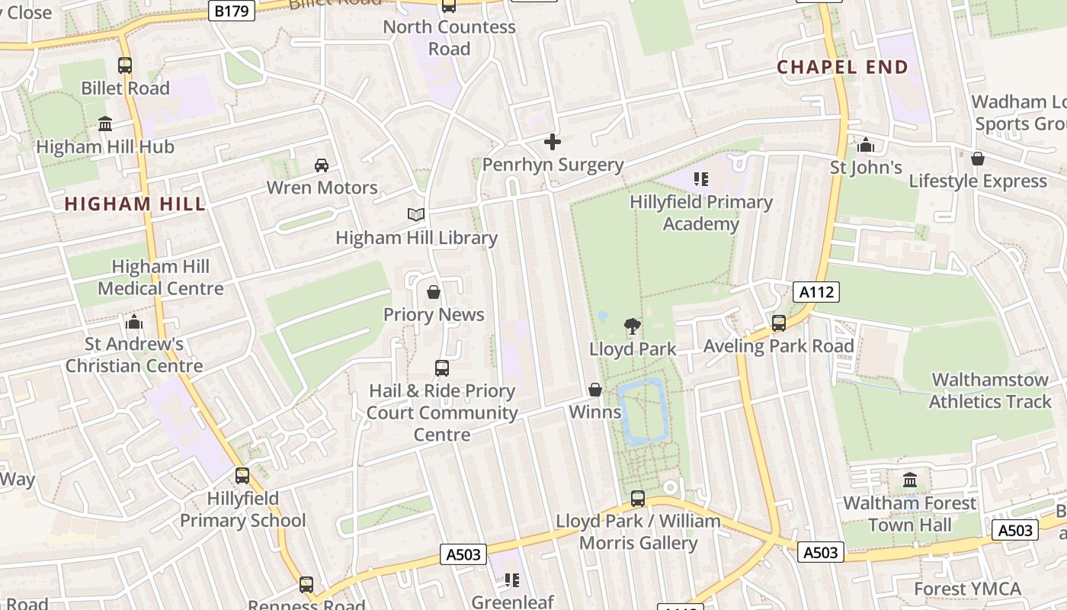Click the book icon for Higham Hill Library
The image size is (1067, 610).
click(x=415, y=215)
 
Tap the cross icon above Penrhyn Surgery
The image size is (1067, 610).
click(x=553, y=142)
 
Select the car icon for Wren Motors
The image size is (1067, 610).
click(x=322, y=165)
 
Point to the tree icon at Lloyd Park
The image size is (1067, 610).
click(x=632, y=326)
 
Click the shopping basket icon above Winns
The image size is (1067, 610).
click(x=595, y=390)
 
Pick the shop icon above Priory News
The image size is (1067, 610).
click(x=434, y=292)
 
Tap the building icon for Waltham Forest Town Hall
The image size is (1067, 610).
click(x=910, y=480)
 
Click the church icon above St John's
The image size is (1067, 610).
click(x=866, y=145)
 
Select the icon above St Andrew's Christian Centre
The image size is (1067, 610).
click(x=134, y=322)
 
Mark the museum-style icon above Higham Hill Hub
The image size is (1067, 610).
click(x=105, y=124)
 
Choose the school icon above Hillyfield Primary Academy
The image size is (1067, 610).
click(x=701, y=180)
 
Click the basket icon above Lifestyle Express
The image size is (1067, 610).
click(x=978, y=159)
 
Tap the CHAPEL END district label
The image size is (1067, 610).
click(x=843, y=67)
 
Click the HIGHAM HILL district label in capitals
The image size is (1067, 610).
click(x=135, y=204)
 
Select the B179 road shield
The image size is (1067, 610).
click(x=232, y=11)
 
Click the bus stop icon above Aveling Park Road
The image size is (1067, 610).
click(x=779, y=323)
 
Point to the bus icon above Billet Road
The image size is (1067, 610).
click(x=125, y=66)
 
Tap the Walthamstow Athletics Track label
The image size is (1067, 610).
click(x=989, y=390)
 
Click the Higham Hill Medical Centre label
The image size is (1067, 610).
click(x=161, y=278)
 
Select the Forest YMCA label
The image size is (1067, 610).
click(x=967, y=589)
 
